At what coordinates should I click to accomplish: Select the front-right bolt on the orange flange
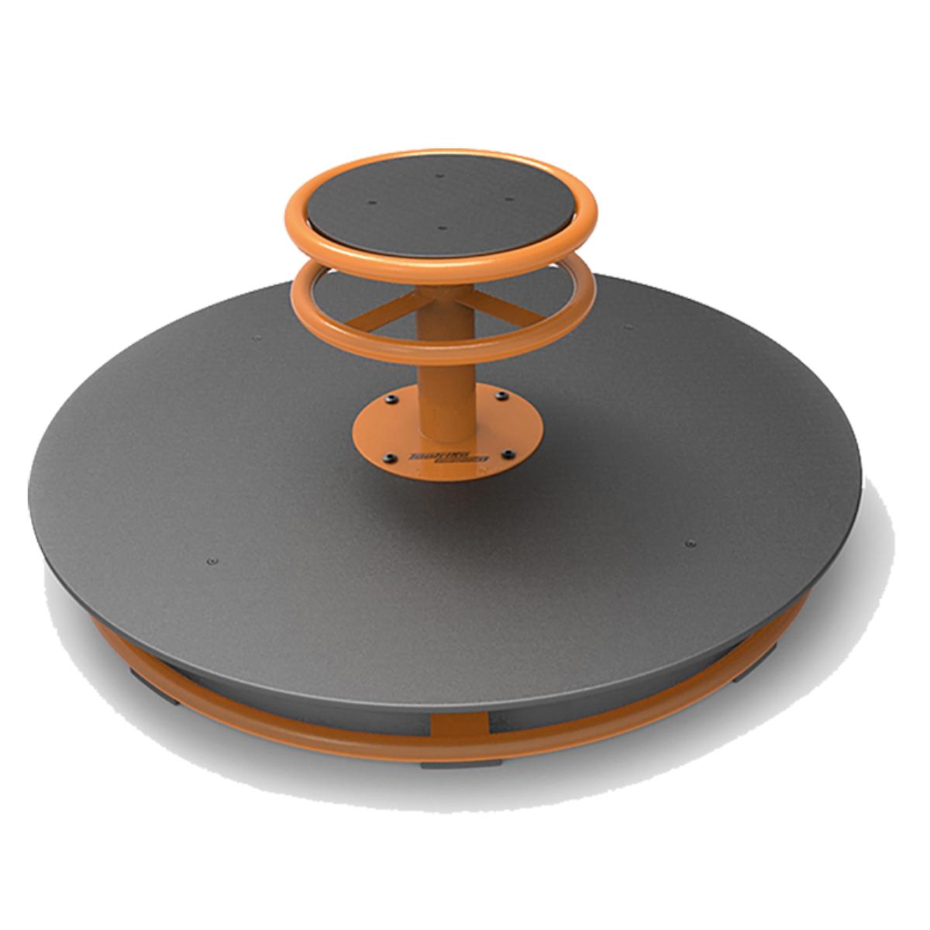(x=508, y=453)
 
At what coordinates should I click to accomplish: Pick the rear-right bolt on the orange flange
(x=502, y=396)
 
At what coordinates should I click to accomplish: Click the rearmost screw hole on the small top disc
(x=440, y=176)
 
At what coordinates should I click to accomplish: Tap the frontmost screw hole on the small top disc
(x=441, y=229)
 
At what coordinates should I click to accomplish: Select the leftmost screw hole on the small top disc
(x=372, y=204)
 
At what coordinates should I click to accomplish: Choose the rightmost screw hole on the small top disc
(x=509, y=200)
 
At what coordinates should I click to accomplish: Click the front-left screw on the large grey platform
(x=212, y=561)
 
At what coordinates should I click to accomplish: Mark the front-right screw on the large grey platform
(x=691, y=543)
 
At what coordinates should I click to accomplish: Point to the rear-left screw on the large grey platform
(x=257, y=338)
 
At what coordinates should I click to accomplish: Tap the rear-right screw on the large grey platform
(x=628, y=328)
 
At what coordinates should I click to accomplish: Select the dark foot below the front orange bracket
(x=461, y=763)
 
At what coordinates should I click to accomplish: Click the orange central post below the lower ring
(x=445, y=387)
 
